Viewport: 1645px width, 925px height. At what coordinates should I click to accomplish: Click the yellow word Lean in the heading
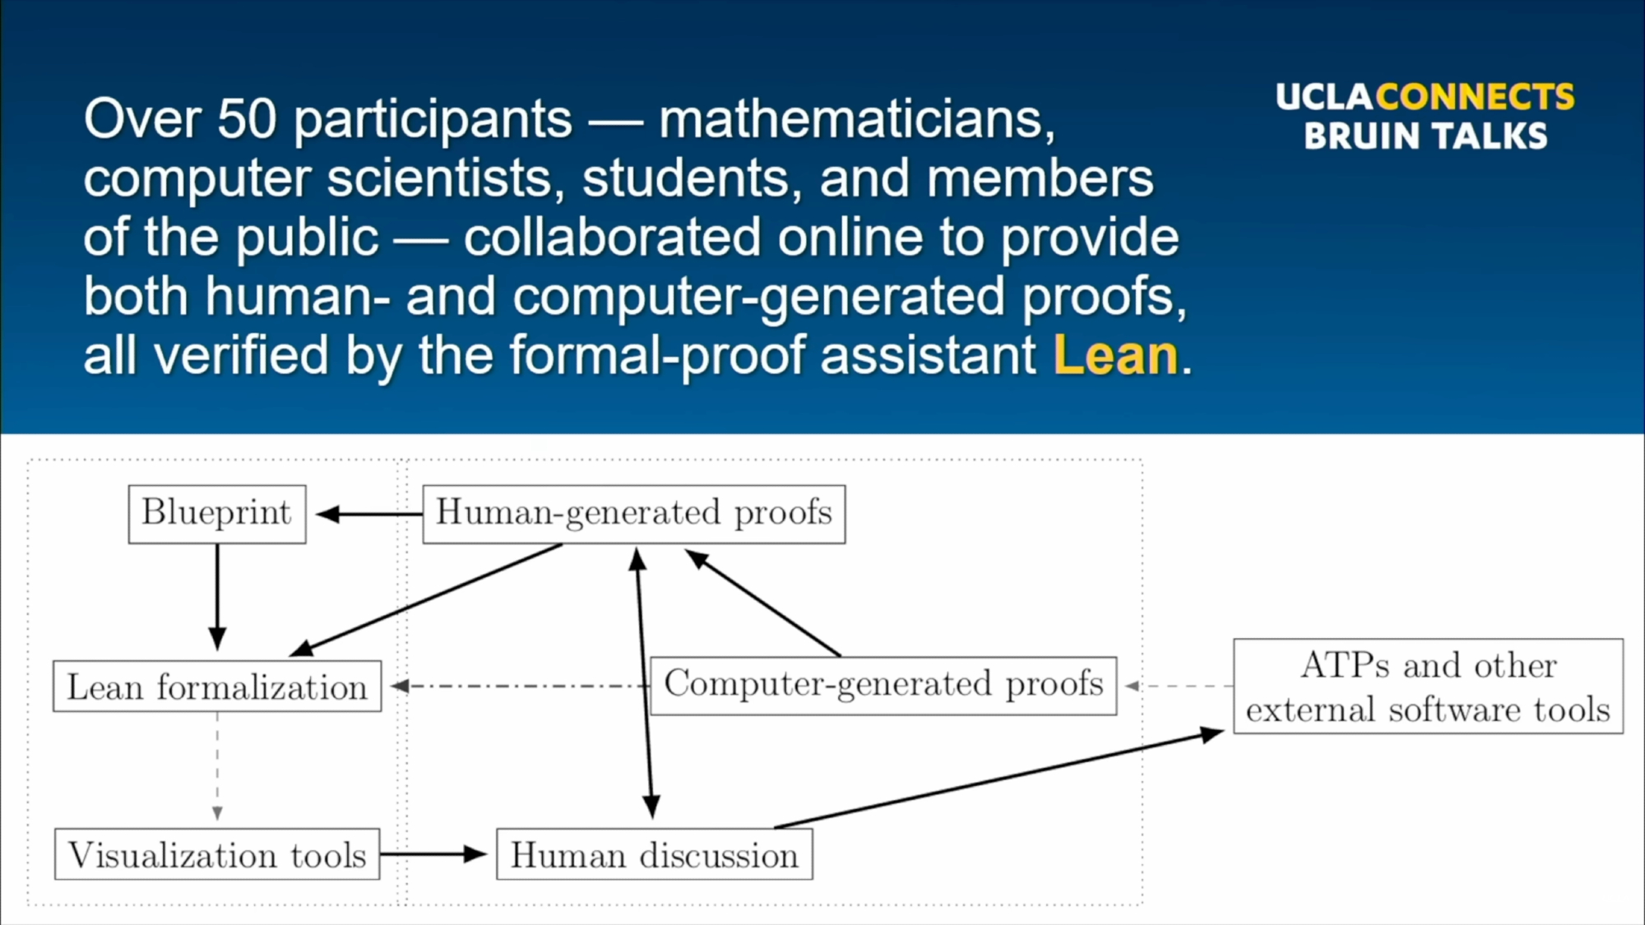pos(1116,355)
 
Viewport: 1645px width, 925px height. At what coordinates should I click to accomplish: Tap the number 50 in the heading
pos(247,118)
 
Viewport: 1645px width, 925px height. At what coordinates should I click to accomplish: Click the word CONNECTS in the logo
pos(1475,96)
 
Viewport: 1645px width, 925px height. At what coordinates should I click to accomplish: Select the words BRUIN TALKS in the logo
pos(1425,136)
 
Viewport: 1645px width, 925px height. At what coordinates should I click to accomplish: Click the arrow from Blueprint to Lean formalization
pos(217,597)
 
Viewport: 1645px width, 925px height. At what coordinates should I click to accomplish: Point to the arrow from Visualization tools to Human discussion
pos(433,854)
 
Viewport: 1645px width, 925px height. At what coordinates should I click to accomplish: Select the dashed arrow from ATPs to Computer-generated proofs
pos(1179,686)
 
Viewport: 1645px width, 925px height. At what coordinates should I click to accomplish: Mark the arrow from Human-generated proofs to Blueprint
pos(369,515)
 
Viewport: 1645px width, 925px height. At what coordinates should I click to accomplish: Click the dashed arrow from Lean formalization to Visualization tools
pos(217,766)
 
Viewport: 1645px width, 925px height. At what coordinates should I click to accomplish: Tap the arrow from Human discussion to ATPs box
pos(999,779)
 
